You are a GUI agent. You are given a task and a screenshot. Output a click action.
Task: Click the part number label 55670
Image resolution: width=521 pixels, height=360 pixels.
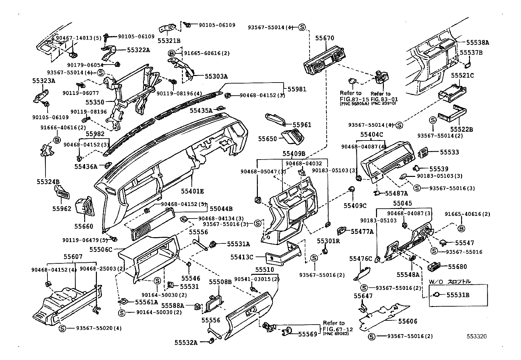click(x=325, y=38)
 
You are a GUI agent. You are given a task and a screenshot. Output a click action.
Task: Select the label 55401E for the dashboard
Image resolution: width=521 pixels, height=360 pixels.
click(x=193, y=191)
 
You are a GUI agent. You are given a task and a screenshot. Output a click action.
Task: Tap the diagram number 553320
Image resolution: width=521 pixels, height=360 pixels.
click(x=476, y=336)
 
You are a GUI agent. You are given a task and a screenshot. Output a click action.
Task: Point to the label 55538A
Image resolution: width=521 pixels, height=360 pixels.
click(x=477, y=43)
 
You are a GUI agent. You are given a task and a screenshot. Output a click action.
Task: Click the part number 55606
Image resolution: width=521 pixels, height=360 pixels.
click(x=408, y=321)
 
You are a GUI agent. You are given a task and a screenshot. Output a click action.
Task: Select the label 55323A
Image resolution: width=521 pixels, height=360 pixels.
click(x=44, y=80)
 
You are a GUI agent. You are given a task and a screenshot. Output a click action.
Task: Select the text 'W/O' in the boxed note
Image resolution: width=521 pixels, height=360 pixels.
click(x=436, y=281)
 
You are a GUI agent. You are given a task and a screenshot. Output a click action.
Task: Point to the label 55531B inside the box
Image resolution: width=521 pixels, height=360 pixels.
click(x=458, y=295)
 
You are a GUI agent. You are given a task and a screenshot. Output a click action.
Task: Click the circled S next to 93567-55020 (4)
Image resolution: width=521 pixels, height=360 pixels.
click(x=62, y=328)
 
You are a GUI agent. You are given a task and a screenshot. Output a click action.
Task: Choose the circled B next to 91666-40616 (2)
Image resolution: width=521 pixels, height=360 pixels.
click(x=57, y=140)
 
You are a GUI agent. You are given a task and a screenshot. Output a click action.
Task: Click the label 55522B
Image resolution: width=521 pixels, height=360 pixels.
click(x=461, y=129)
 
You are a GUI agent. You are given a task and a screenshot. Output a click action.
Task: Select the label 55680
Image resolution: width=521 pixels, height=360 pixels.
click(x=457, y=267)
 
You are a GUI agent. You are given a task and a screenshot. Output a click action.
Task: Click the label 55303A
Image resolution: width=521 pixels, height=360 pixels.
click(x=216, y=76)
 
